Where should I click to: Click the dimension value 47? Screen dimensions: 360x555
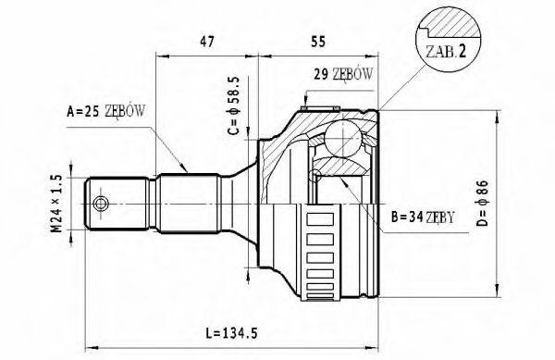click(209, 41)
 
